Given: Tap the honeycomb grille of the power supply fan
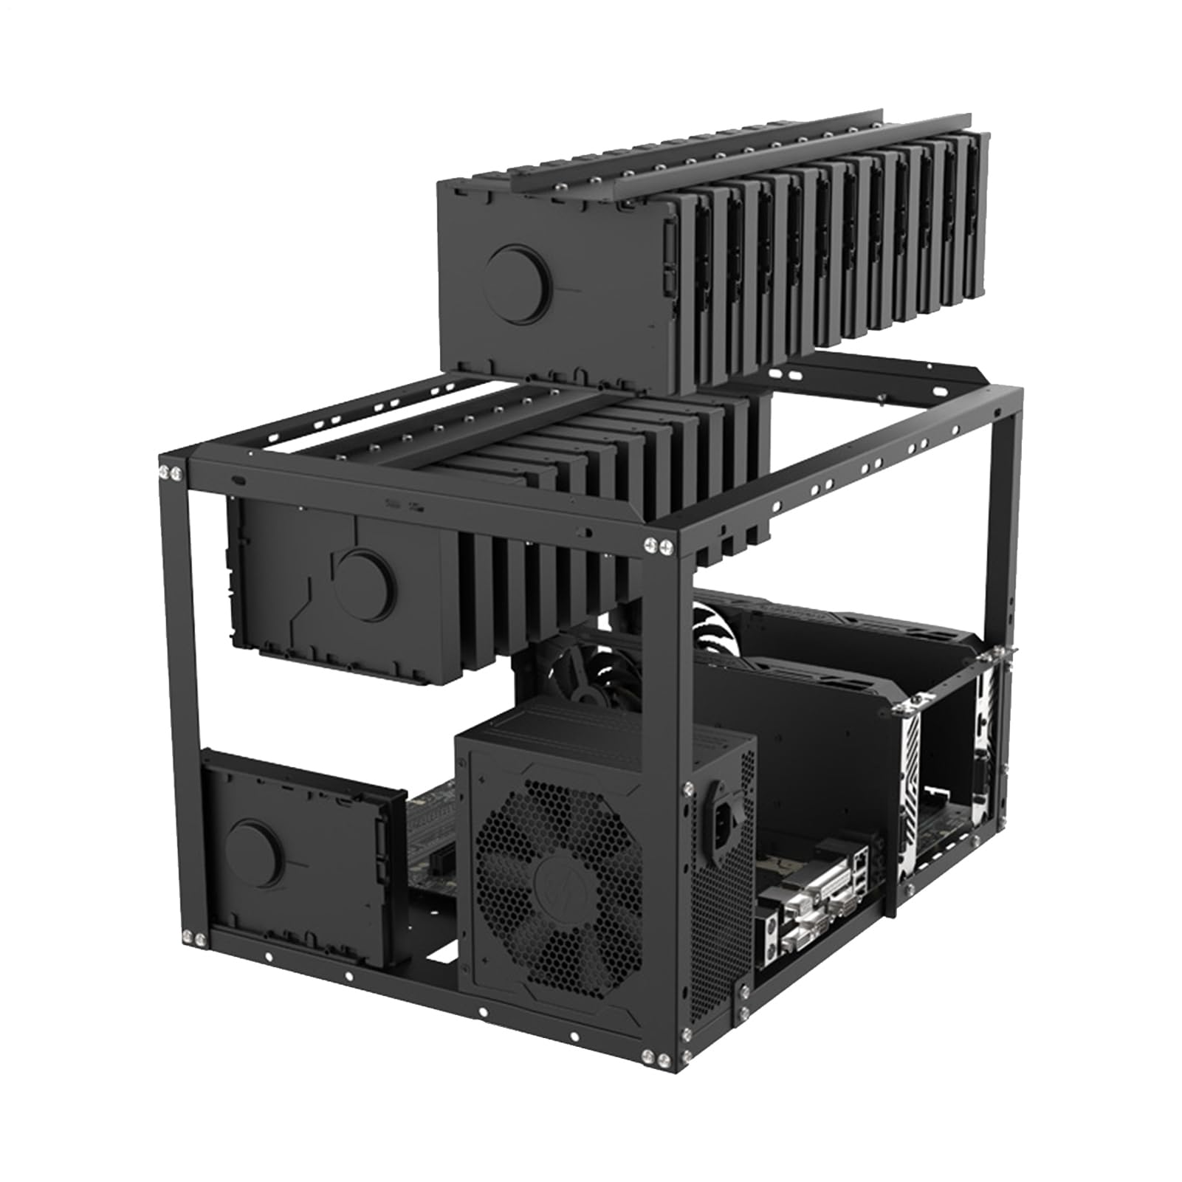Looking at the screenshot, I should (x=559, y=879).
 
